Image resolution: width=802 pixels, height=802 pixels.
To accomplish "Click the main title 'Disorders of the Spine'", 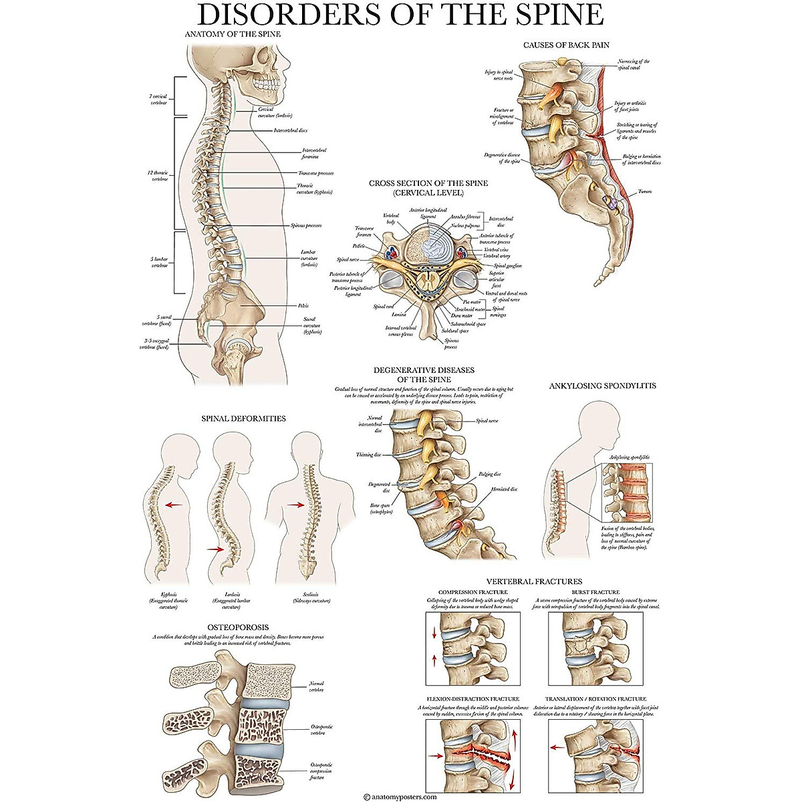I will pyautogui.click(x=400, y=15).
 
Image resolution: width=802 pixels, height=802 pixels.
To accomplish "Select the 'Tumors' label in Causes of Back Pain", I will pyautogui.click(x=644, y=192).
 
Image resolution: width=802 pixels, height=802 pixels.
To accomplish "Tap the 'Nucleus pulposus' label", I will pyautogui.click(x=465, y=226).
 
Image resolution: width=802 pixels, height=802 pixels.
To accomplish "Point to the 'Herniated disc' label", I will pyautogui.click(x=504, y=489).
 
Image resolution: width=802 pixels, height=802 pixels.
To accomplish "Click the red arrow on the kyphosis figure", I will pyautogui.click(x=176, y=505).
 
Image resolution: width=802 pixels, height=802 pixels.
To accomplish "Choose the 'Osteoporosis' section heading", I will pyautogui.click(x=238, y=627).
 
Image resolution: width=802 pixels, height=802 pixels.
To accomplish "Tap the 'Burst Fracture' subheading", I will pyautogui.click(x=595, y=592).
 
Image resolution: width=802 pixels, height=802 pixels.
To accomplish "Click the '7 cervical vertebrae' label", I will pyautogui.click(x=158, y=100).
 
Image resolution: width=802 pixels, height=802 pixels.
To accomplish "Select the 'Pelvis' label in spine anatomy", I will pyautogui.click(x=303, y=305).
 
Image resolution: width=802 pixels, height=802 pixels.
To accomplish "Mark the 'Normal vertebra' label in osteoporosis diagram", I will pyautogui.click(x=316, y=686).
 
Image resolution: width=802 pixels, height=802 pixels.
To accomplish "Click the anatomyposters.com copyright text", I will pyautogui.click(x=400, y=796).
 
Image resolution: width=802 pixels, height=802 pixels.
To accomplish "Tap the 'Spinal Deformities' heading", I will pyautogui.click(x=243, y=418).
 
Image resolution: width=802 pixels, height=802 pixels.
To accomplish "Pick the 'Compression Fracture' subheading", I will pyautogui.click(x=473, y=592).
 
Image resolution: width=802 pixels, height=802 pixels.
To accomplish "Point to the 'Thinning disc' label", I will pyautogui.click(x=369, y=454).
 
